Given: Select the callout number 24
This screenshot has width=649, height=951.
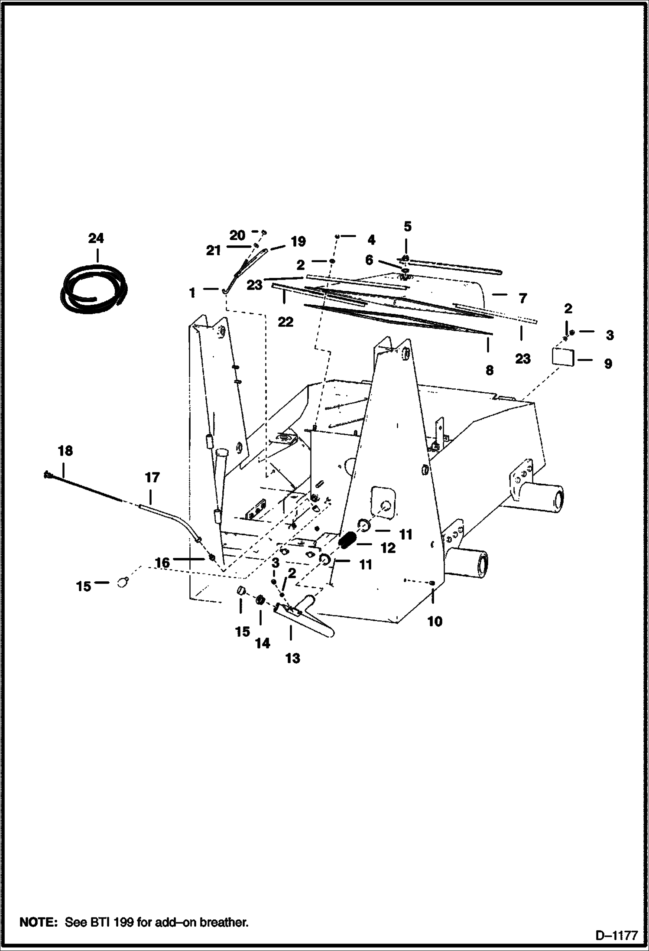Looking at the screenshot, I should (96, 238).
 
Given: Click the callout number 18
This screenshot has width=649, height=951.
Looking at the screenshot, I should (65, 451).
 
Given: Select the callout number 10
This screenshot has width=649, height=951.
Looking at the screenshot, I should (435, 621).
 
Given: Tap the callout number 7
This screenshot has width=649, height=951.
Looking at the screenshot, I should (522, 298).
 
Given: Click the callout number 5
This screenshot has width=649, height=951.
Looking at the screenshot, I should (407, 226).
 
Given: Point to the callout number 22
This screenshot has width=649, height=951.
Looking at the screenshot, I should (286, 322).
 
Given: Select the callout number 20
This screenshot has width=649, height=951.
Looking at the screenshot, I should (237, 235).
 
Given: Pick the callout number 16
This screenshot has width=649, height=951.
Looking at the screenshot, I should (162, 563).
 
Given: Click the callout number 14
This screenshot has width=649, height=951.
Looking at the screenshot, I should (262, 643).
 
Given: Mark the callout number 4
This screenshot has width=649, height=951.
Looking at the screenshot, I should (371, 240).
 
